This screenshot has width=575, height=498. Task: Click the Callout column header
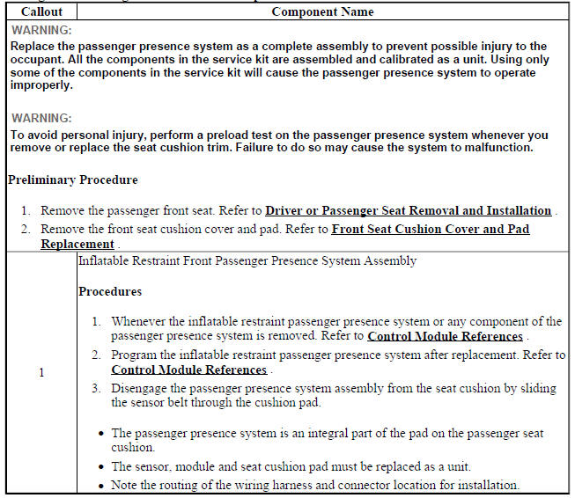click(41, 12)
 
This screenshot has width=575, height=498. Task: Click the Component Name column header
click(322, 12)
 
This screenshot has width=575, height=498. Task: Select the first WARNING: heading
click(41, 30)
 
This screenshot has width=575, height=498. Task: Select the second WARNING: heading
click(41, 118)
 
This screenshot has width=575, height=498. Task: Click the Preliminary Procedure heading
click(72, 179)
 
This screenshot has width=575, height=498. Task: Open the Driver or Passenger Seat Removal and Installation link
click(409, 211)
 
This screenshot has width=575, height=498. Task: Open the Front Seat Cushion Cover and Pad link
click(431, 229)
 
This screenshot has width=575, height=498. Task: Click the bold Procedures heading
click(110, 291)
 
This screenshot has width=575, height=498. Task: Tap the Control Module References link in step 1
click(445, 336)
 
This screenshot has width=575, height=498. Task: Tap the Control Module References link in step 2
click(189, 370)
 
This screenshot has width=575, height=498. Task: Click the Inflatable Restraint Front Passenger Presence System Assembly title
click(247, 261)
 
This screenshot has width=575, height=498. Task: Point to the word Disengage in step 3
click(139, 388)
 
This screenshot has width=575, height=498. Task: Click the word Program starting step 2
click(135, 355)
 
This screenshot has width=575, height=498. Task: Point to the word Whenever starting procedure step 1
click(142, 321)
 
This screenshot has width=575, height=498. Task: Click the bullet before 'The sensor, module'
click(102, 466)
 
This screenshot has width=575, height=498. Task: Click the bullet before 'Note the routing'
click(102, 485)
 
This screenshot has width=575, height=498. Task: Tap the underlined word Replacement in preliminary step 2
click(77, 244)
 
